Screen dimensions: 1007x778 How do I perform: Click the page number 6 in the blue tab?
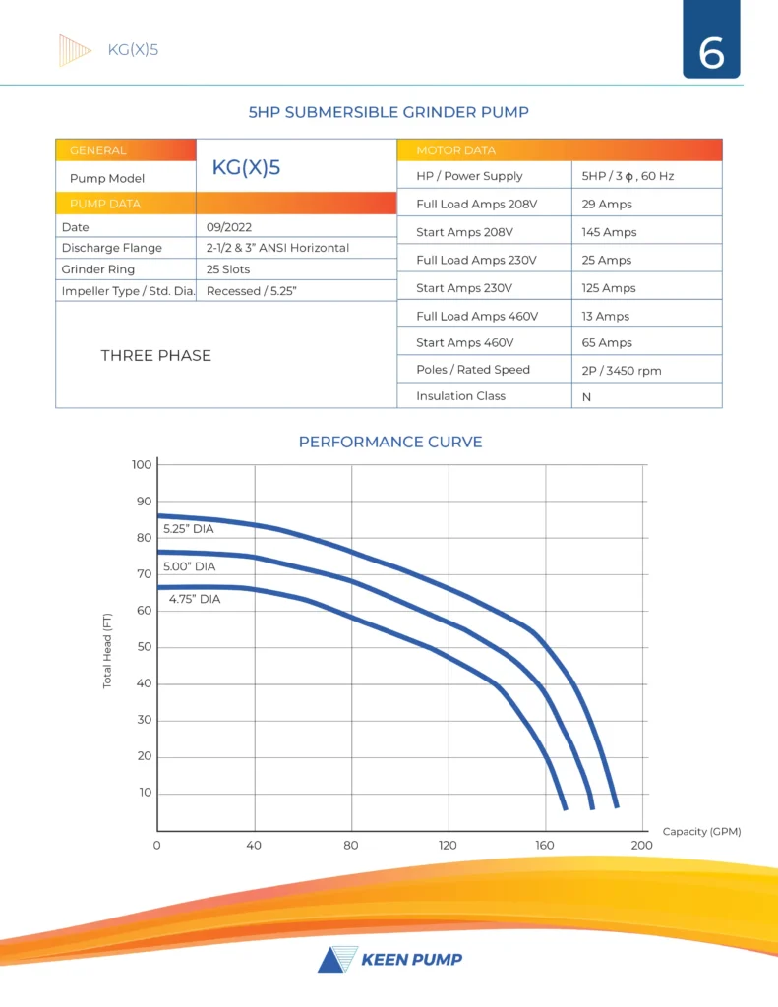point(711,52)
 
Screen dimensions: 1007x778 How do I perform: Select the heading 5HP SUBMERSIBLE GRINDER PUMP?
point(389,112)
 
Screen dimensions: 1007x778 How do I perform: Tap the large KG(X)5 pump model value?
point(246,167)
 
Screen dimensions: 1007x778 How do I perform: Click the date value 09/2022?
point(229,227)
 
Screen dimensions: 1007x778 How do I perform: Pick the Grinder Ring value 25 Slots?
point(228,269)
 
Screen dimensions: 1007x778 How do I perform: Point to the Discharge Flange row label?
point(111,248)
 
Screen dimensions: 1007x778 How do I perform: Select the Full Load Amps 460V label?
point(477,317)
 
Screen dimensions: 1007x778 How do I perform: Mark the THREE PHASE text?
point(155,356)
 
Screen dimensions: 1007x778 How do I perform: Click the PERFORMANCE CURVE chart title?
point(390,443)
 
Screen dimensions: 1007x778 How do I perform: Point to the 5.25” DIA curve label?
point(188,529)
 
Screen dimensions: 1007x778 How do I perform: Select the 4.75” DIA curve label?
point(195,599)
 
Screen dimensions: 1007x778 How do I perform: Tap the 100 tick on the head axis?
point(142,464)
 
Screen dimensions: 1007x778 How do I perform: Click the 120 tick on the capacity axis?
point(448,846)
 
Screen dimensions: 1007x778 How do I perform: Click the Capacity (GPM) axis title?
point(701,832)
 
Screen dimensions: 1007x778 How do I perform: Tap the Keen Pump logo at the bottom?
point(389,959)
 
